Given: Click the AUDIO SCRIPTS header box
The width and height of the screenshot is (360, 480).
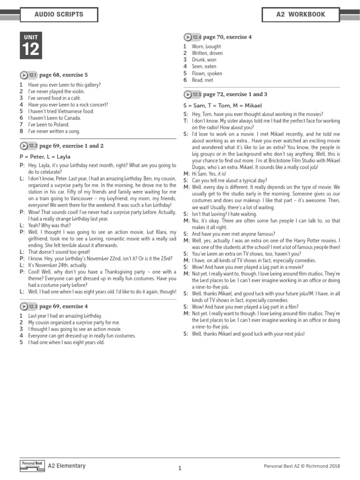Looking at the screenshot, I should (x=59, y=15).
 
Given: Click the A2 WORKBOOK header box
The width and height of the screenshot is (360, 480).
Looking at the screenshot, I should (x=300, y=15).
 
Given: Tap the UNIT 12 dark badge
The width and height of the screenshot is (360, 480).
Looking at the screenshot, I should (x=31, y=45).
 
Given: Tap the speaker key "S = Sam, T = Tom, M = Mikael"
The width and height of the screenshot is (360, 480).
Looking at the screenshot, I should (x=222, y=105).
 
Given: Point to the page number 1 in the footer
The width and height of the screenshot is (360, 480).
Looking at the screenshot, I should (x=180, y=468).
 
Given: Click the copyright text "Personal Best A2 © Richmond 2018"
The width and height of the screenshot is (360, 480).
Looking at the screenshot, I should (x=302, y=466).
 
